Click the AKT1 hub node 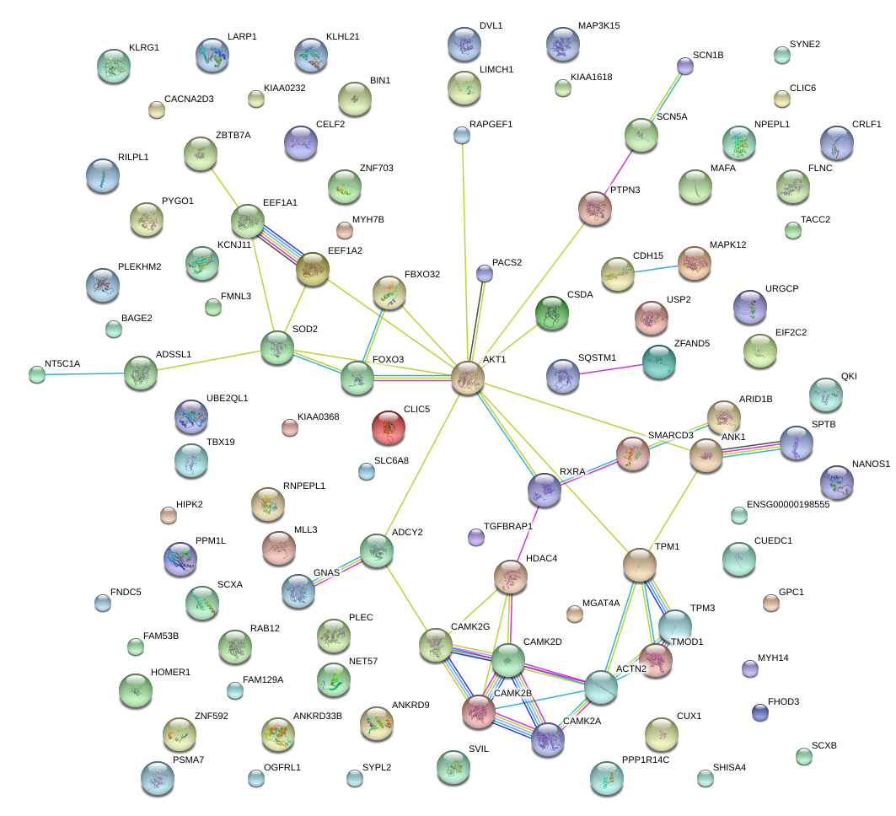[x=468, y=378]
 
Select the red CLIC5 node [x=389, y=427]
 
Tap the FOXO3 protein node [x=357, y=378]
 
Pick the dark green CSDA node [x=552, y=313]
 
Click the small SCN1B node [x=685, y=67]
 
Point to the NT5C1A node [x=37, y=374]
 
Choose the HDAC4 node [x=510, y=577]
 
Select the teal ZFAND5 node [x=658, y=362]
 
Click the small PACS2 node [x=484, y=272]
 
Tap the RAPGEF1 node [x=461, y=134]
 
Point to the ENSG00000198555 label [x=788, y=504]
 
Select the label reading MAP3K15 [x=598, y=26]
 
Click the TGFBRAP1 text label [x=508, y=526]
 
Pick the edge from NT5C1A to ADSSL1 [x=84, y=373]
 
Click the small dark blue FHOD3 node [x=759, y=712]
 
